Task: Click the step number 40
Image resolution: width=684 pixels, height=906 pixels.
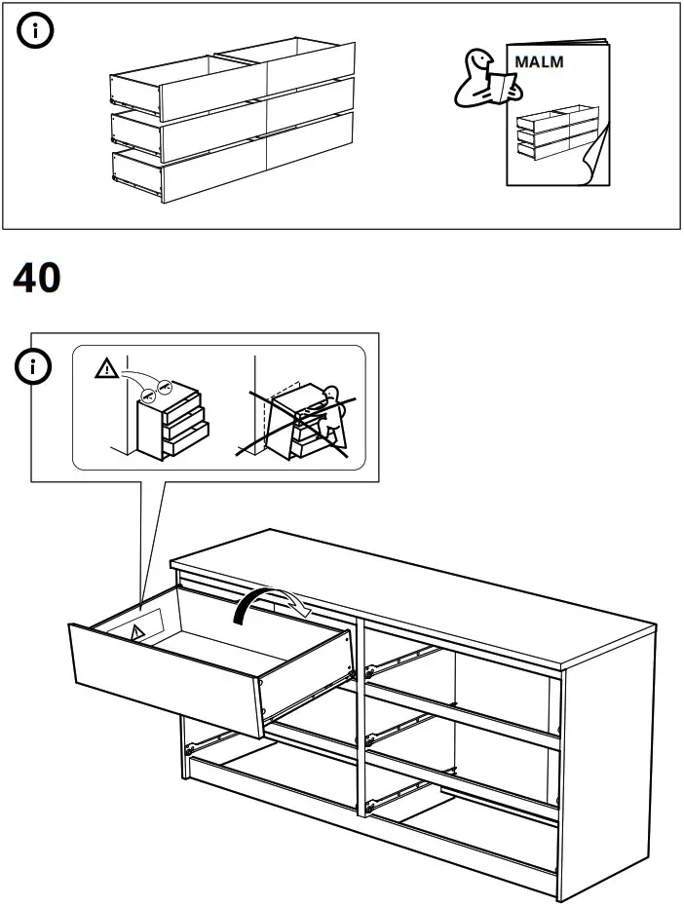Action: (37, 279)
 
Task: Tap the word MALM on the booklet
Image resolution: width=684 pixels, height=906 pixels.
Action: (539, 61)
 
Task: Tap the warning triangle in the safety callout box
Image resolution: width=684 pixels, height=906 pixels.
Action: (103, 369)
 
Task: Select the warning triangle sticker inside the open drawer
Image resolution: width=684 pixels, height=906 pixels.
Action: (136, 632)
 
